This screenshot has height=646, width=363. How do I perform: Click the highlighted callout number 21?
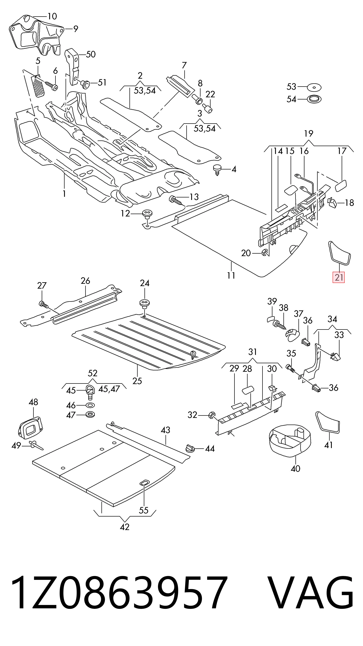339,277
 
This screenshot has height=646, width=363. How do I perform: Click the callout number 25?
137,381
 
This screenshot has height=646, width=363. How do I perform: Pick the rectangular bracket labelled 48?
30,426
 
